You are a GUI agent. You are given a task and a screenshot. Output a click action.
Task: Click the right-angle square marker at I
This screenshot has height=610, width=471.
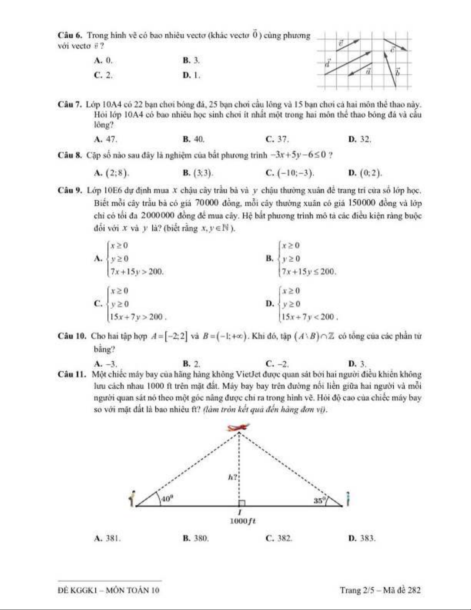coord(241,503)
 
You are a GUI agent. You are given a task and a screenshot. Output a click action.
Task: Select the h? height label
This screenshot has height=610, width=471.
coord(233,478)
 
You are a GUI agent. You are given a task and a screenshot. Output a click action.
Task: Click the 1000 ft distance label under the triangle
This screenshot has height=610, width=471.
coord(243,521)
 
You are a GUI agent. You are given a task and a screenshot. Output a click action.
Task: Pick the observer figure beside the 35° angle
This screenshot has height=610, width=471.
coord(348,499)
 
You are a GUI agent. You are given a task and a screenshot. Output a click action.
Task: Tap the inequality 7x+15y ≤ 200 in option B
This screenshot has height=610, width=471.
coord(309,272)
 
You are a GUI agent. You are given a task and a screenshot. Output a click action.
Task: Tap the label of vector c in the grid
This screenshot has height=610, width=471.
coord(393,49)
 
